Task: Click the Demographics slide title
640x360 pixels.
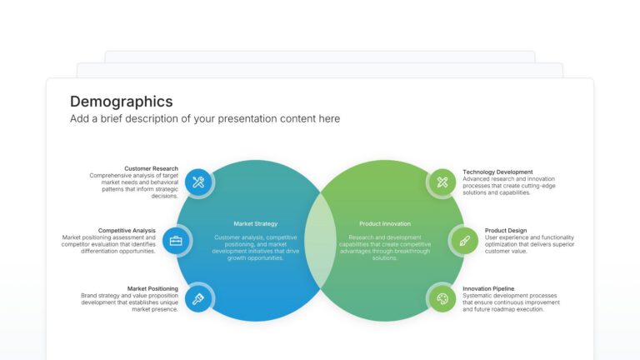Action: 122,102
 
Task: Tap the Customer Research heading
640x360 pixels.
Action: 151,169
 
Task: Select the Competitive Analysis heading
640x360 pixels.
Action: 127,230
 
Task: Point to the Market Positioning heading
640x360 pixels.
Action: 152,289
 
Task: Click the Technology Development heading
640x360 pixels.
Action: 497,172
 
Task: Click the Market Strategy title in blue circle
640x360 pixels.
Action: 256,223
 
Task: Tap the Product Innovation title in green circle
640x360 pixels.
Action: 385,223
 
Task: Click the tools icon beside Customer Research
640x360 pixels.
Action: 198,182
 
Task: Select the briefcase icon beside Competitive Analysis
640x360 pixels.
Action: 176,241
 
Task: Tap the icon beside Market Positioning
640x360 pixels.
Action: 198,298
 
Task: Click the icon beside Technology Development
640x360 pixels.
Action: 442,182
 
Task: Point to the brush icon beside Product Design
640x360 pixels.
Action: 464,241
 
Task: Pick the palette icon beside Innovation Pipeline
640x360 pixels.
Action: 442,298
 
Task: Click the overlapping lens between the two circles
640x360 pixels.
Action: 320,240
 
